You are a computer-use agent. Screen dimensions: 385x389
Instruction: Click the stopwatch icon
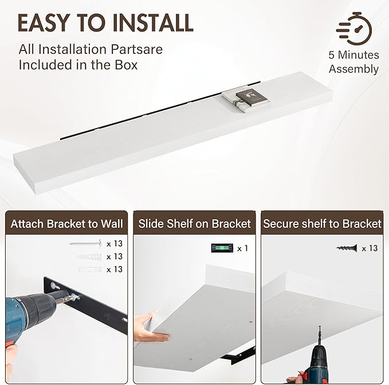(x=354, y=27)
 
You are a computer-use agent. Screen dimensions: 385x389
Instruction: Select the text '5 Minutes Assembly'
(x=353, y=62)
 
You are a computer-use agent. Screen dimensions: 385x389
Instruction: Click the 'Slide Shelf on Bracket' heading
(x=195, y=223)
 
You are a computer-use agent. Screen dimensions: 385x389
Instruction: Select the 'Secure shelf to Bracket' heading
(x=322, y=223)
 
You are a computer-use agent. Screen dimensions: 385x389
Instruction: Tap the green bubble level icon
(x=220, y=248)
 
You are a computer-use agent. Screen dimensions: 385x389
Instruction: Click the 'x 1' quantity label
(x=242, y=248)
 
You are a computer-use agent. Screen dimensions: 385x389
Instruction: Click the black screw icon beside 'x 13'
(x=347, y=248)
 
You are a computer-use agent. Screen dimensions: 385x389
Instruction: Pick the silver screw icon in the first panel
(x=85, y=244)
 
